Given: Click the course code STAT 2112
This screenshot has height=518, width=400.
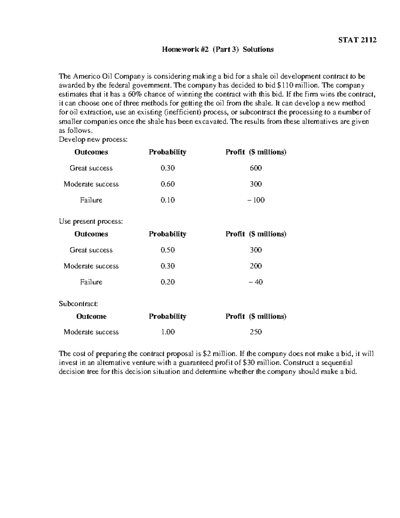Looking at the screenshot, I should pos(357,40).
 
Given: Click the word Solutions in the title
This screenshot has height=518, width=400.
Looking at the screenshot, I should pos(258,49).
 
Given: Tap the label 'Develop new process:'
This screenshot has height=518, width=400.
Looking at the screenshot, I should pos(93,139).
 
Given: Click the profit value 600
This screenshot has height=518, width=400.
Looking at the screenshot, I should pos(256,168).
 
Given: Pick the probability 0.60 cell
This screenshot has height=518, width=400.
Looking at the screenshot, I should pos(167,184).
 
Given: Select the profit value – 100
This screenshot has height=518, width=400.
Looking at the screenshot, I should pos(256,200).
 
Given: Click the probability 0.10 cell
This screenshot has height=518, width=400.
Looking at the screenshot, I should pos(167,200).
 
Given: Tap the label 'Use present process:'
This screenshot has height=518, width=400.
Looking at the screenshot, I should pos(91,221).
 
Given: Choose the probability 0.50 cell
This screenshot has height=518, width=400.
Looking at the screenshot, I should pos(167,250).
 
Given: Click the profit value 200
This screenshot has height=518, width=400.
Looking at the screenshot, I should pos(256,266).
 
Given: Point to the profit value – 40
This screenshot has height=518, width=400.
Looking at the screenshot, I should pos(256,282).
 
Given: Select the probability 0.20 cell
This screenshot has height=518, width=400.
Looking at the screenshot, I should pos(167,282).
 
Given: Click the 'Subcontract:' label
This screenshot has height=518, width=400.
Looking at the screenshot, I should pos(78,304).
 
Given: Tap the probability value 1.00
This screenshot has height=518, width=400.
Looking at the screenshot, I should pos(167,332).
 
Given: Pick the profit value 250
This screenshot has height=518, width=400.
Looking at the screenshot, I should pos(256,332).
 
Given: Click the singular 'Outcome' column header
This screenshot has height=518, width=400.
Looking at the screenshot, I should pos(91,316).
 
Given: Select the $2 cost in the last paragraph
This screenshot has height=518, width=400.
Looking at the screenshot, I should pos(207,354).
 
